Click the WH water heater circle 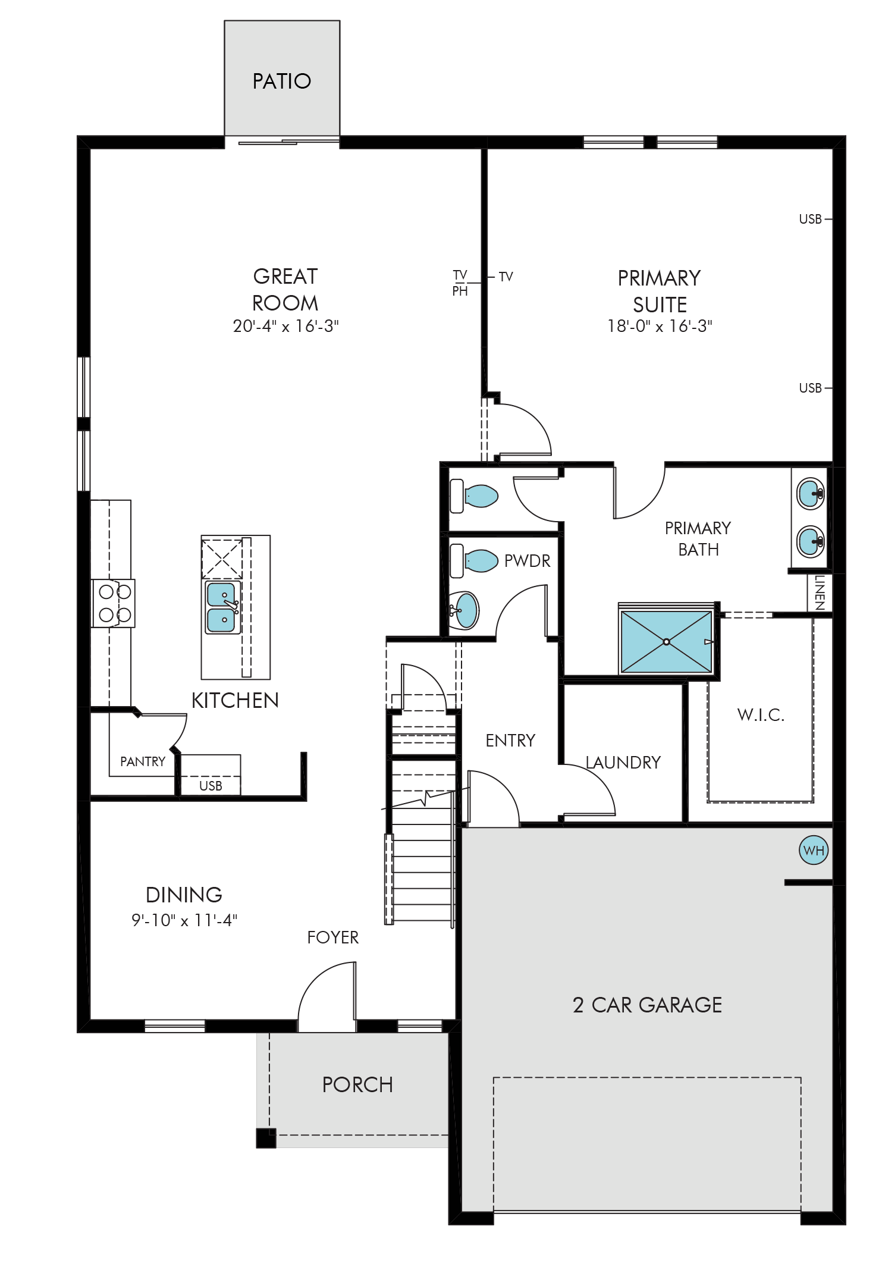coord(814,850)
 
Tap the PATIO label coord(282,81)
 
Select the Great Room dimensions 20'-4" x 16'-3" coord(285,326)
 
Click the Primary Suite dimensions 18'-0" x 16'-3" coord(660,326)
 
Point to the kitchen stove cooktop coord(114,603)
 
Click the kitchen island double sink coord(223,607)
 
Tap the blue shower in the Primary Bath coord(666,642)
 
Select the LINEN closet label coord(820,592)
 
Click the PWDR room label coord(527,561)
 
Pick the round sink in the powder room coord(464,610)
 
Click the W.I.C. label coord(761,715)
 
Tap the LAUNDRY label coord(623,763)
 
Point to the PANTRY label coord(143,761)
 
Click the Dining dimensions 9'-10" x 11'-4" coord(184,920)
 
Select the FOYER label coord(333,937)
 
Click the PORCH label coord(357,1085)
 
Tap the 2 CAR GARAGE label coord(647,1005)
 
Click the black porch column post coord(266,1138)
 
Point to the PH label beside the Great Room coord(460,291)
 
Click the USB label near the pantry coord(211,786)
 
